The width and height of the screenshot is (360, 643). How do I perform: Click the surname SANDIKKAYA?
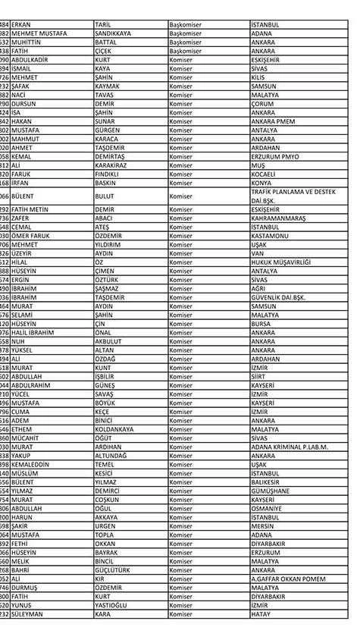[x=114, y=33]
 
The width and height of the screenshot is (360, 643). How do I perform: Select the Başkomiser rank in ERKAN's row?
[x=186, y=24]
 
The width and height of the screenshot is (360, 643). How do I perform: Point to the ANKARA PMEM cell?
[x=273, y=121]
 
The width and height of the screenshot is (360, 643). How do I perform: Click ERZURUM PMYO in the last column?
[x=274, y=156]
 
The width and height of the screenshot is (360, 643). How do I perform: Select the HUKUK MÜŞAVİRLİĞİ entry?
[x=281, y=262]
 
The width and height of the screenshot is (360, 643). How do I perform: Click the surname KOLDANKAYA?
[x=114, y=429]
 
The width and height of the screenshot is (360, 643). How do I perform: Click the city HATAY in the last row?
[x=261, y=614]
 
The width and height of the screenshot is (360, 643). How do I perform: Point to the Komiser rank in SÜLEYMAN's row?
[x=182, y=614]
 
